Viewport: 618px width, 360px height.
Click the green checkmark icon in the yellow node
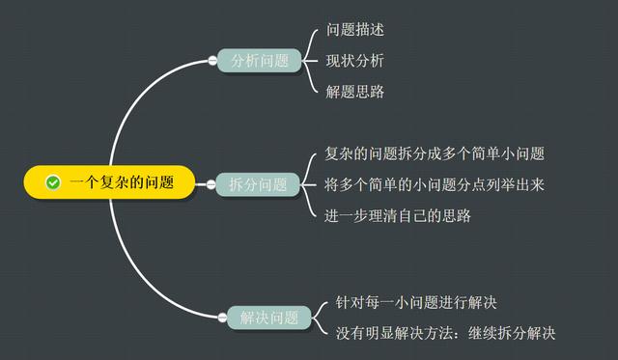click(54, 182)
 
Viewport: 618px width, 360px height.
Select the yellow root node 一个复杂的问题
click(110, 182)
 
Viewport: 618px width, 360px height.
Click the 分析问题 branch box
click(259, 61)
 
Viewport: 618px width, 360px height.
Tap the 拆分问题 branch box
click(258, 183)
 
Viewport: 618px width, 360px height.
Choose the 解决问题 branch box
click(269, 317)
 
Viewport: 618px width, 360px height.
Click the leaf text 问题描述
click(355, 30)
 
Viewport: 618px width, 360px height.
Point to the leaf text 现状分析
click(355, 61)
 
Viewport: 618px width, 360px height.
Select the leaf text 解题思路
click(355, 92)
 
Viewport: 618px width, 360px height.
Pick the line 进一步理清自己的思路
click(398, 215)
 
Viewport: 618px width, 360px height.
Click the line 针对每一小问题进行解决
click(415, 302)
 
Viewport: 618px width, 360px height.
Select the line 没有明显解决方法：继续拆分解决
click(445, 333)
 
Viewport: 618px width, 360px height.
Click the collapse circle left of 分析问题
click(212, 61)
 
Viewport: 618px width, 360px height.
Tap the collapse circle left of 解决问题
click(223, 317)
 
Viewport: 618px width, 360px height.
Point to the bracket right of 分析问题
click(309, 61)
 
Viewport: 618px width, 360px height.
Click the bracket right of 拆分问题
click(309, 183)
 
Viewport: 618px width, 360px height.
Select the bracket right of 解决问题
click(320, 317)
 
